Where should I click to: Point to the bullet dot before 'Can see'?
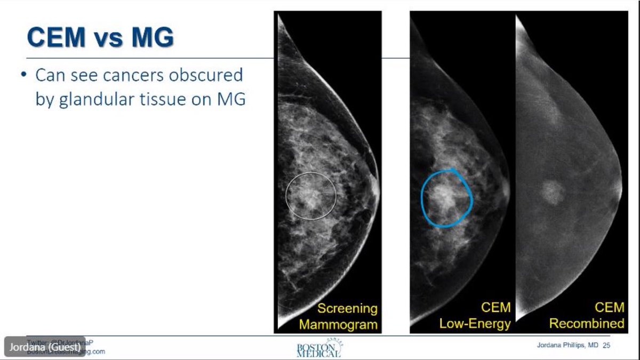pyautogui.click(x=24, y=75)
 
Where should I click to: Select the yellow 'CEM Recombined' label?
pyautogui.click(x=587, y=315)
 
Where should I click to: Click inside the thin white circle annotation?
pyautogui.click(x=311, y=196)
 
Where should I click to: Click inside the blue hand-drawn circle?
pyautogui.click(x=447, y=197)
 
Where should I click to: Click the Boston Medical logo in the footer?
pyautogui.click(x=319, y=349)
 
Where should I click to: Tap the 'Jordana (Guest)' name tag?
pyautogui.click(x=45, y=346)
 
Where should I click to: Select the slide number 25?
pyautogui.click(x=606, y=346)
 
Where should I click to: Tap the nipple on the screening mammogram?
pyautogui.click(x=377, y=184)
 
